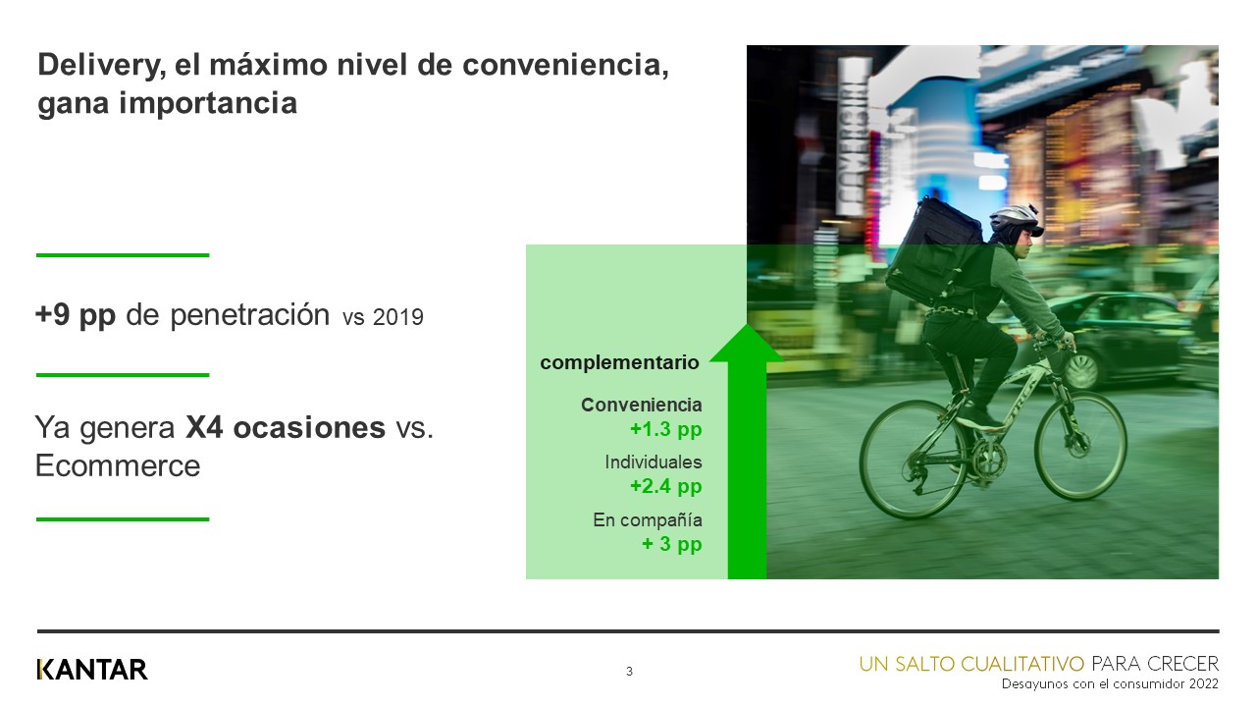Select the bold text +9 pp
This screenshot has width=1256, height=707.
[x=76, y=315]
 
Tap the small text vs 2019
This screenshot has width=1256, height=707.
[x=383, y=318]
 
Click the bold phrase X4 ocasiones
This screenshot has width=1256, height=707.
[x=286, y=428]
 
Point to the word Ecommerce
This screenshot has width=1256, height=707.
[x=118, y=465]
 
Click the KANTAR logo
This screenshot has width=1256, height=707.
[x=92, y=670]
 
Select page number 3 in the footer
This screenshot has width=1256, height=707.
[x=629, y=672]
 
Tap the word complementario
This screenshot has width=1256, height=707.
[x=619, y=362]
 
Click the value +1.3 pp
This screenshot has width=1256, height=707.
[x=666, y=429]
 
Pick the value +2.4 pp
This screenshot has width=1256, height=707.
[x=666, y=486]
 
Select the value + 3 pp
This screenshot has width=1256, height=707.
[x=672, y=543]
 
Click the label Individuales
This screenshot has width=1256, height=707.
[x=654, y=462]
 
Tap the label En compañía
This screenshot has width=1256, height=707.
[x=648, y=519]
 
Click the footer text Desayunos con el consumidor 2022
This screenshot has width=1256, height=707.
[x=1110, y=683]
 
